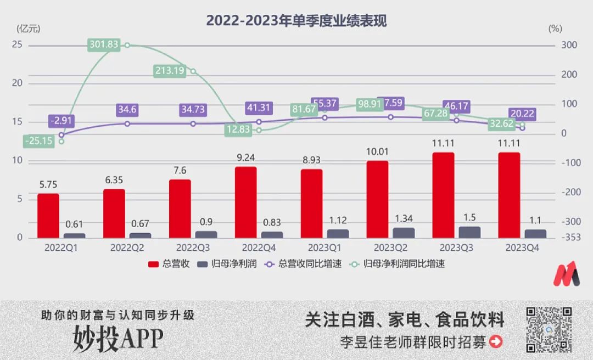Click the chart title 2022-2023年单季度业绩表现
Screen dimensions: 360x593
[296, 21]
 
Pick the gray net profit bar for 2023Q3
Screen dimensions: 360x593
[469, 232]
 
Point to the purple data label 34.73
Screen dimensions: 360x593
[192, 109]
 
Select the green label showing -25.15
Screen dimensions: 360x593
[38, 141]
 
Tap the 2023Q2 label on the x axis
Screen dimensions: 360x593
[390, 248]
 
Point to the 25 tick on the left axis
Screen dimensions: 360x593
[17, 44]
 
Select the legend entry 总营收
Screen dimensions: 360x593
[170, 264]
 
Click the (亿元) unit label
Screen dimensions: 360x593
[29, 28]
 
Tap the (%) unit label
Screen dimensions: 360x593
[555, 28]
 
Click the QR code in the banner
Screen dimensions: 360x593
[549, 329]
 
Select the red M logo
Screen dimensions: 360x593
[566, 273]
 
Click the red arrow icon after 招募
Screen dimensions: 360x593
[496, 342]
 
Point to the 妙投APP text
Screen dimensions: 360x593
[119, 339]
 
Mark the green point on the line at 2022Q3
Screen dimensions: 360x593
[193, 71]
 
